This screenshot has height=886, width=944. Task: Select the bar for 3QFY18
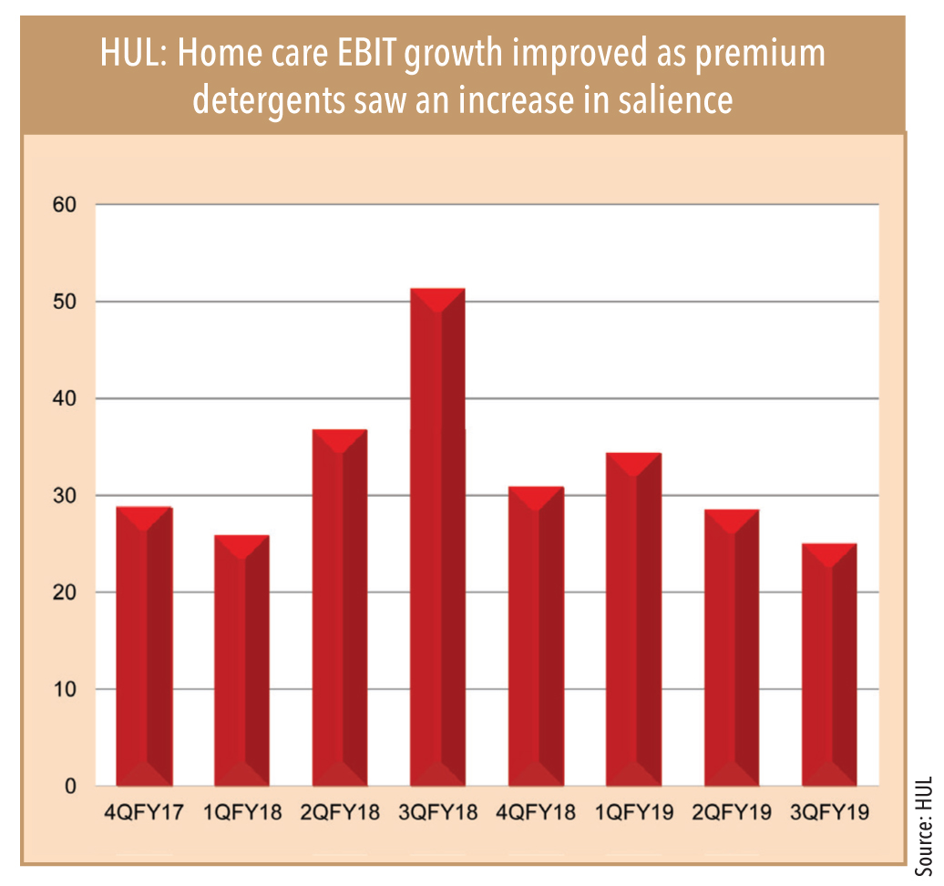pos(437,537)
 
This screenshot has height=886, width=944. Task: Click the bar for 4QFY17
pos(145,646)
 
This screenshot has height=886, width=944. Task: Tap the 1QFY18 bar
pos(242,660)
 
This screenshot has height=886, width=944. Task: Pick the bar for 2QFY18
pos(340,608)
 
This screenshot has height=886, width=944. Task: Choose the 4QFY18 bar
pos(536,636)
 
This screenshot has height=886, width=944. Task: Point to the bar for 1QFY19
pos(634,619)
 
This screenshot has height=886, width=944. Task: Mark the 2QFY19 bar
pos(732,647)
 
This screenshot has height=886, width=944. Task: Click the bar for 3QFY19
pos(829,664)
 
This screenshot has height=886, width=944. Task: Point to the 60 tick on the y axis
pos(65,205)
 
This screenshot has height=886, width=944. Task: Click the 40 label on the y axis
pos(65,398)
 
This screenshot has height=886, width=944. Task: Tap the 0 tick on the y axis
pos(70,786)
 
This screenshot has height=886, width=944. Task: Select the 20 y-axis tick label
pos(65,592)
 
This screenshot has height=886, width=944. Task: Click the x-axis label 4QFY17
pos(144,812)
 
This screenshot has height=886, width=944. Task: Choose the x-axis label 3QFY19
pos(829,812)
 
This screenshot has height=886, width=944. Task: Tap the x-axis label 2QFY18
pos(340,812)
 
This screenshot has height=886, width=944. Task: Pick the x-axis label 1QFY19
pos(634,812)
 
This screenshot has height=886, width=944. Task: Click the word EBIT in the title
pos(366,52)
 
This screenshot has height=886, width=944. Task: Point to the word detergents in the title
pos(269,101)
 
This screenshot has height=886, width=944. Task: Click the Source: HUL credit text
pos(924,826)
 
